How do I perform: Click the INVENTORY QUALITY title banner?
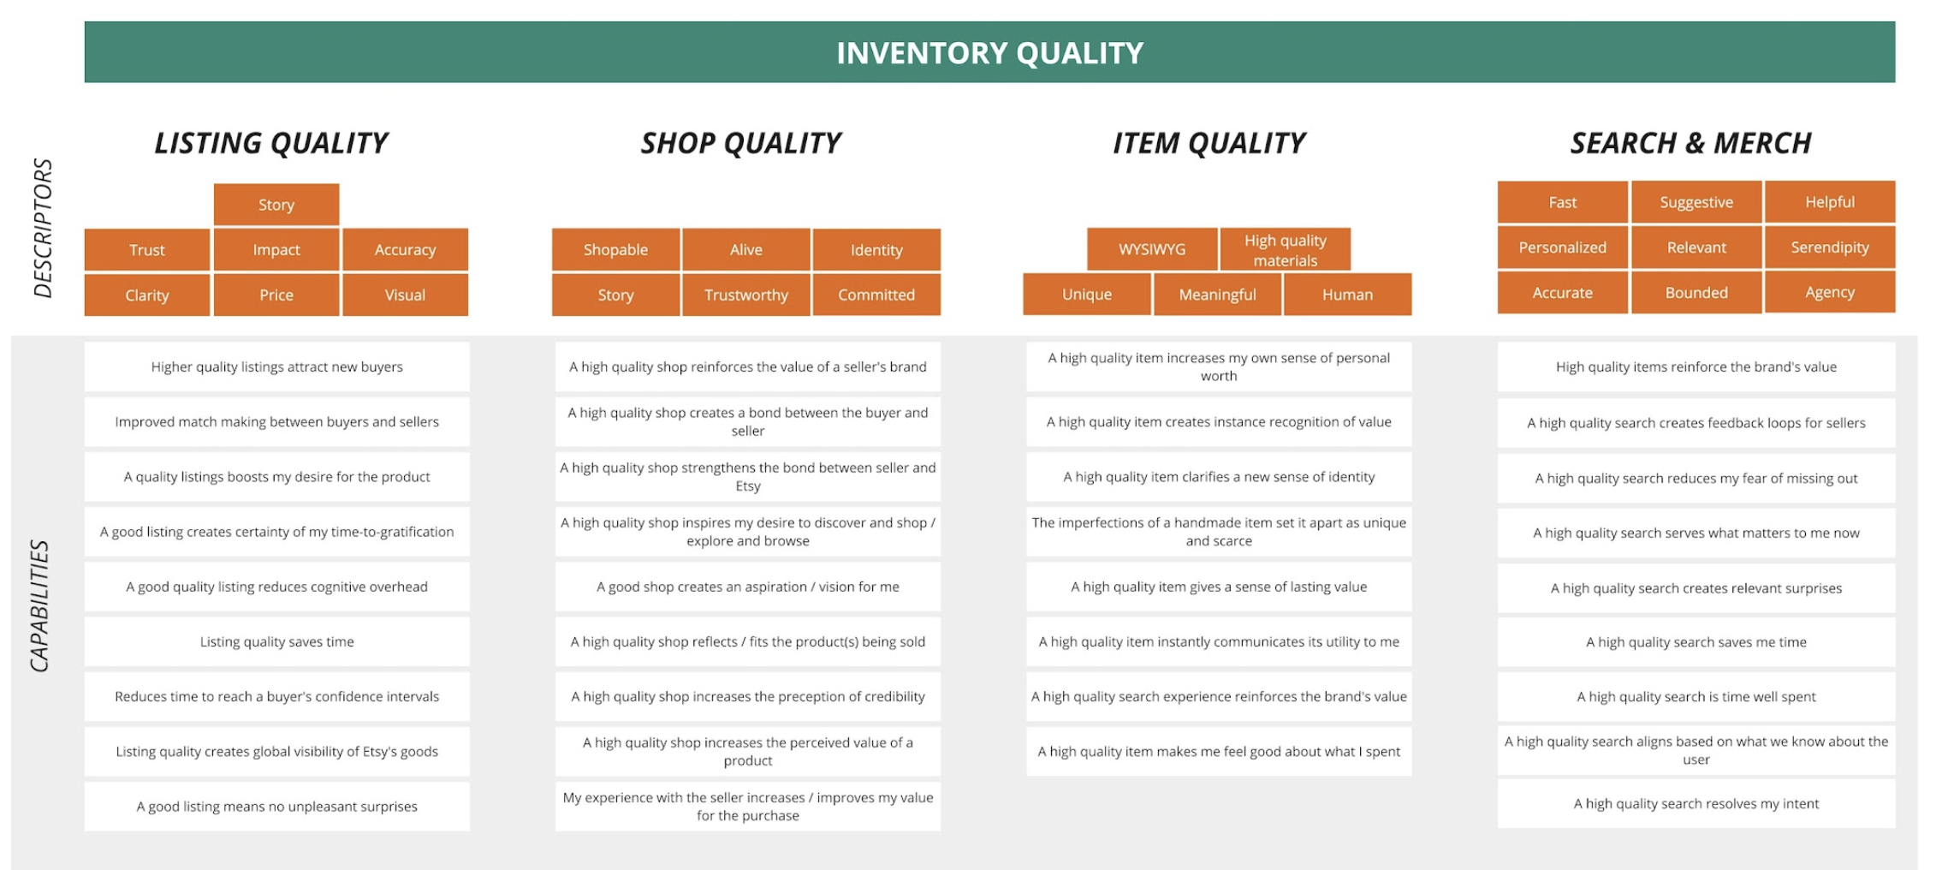pos(989,53)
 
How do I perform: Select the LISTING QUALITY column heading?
pos(271,143)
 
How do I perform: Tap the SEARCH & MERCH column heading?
pos(1690,143)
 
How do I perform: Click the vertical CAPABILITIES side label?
pos(40,605)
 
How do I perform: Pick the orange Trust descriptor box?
pos(147,250)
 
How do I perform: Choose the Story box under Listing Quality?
pos(276,205)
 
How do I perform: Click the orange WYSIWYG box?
pos(1152,250)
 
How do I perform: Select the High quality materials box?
pos(1285,250)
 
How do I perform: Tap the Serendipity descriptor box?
pos(1830,247)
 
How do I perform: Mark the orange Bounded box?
pos(1695,293)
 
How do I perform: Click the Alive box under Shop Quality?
pos(745,250)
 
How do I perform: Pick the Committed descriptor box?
pos(876,295)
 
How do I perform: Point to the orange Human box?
pos(1347,295)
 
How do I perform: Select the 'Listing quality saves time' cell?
pos(276,641)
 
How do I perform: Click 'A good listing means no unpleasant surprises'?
pos(276,807)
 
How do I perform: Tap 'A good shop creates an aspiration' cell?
pos(747,587)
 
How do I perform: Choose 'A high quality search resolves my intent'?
pos(1695,804)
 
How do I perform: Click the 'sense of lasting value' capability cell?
pos(1218,587)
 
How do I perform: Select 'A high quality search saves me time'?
pos(1695,642)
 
